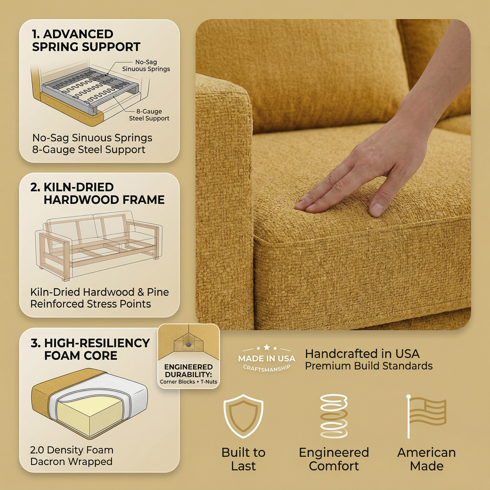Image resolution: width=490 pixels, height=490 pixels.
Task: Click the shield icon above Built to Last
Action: [x=243, y=416]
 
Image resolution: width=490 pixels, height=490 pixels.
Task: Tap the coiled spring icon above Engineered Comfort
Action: [x=334, y=416]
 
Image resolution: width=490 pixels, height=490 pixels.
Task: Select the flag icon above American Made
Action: [x=426, y=416]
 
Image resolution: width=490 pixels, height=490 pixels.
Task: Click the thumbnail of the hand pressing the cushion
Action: [x=333, y=174]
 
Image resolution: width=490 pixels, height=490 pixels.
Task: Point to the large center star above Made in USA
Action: [x=267, y=347]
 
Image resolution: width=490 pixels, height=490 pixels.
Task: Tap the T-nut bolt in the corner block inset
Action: [x=189, y=344]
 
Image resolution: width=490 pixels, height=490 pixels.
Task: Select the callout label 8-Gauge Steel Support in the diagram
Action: [x=149, y=115]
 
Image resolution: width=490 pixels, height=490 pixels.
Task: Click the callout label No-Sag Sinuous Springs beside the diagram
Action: [x=146, y=65]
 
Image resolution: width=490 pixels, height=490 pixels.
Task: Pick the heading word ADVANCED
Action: [x=78, y=34]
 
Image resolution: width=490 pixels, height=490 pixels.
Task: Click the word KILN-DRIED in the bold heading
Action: [x=79, y=188]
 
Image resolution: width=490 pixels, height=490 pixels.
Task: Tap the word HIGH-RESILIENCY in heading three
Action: [x=97, y=343]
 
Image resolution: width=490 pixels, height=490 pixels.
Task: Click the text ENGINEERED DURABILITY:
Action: [x=189, y=371]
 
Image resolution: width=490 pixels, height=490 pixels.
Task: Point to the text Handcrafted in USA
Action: [x=362, y=354]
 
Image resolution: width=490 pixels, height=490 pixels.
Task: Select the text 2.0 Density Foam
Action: [x=72, y=450]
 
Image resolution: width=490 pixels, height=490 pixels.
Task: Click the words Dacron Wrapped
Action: [x=72, y=462]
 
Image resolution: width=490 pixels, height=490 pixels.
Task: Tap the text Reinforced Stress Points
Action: [x=91, y=304]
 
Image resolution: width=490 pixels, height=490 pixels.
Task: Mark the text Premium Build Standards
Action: [x=369, y=366]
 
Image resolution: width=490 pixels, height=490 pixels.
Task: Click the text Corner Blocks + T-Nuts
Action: [x=189, y=382]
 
